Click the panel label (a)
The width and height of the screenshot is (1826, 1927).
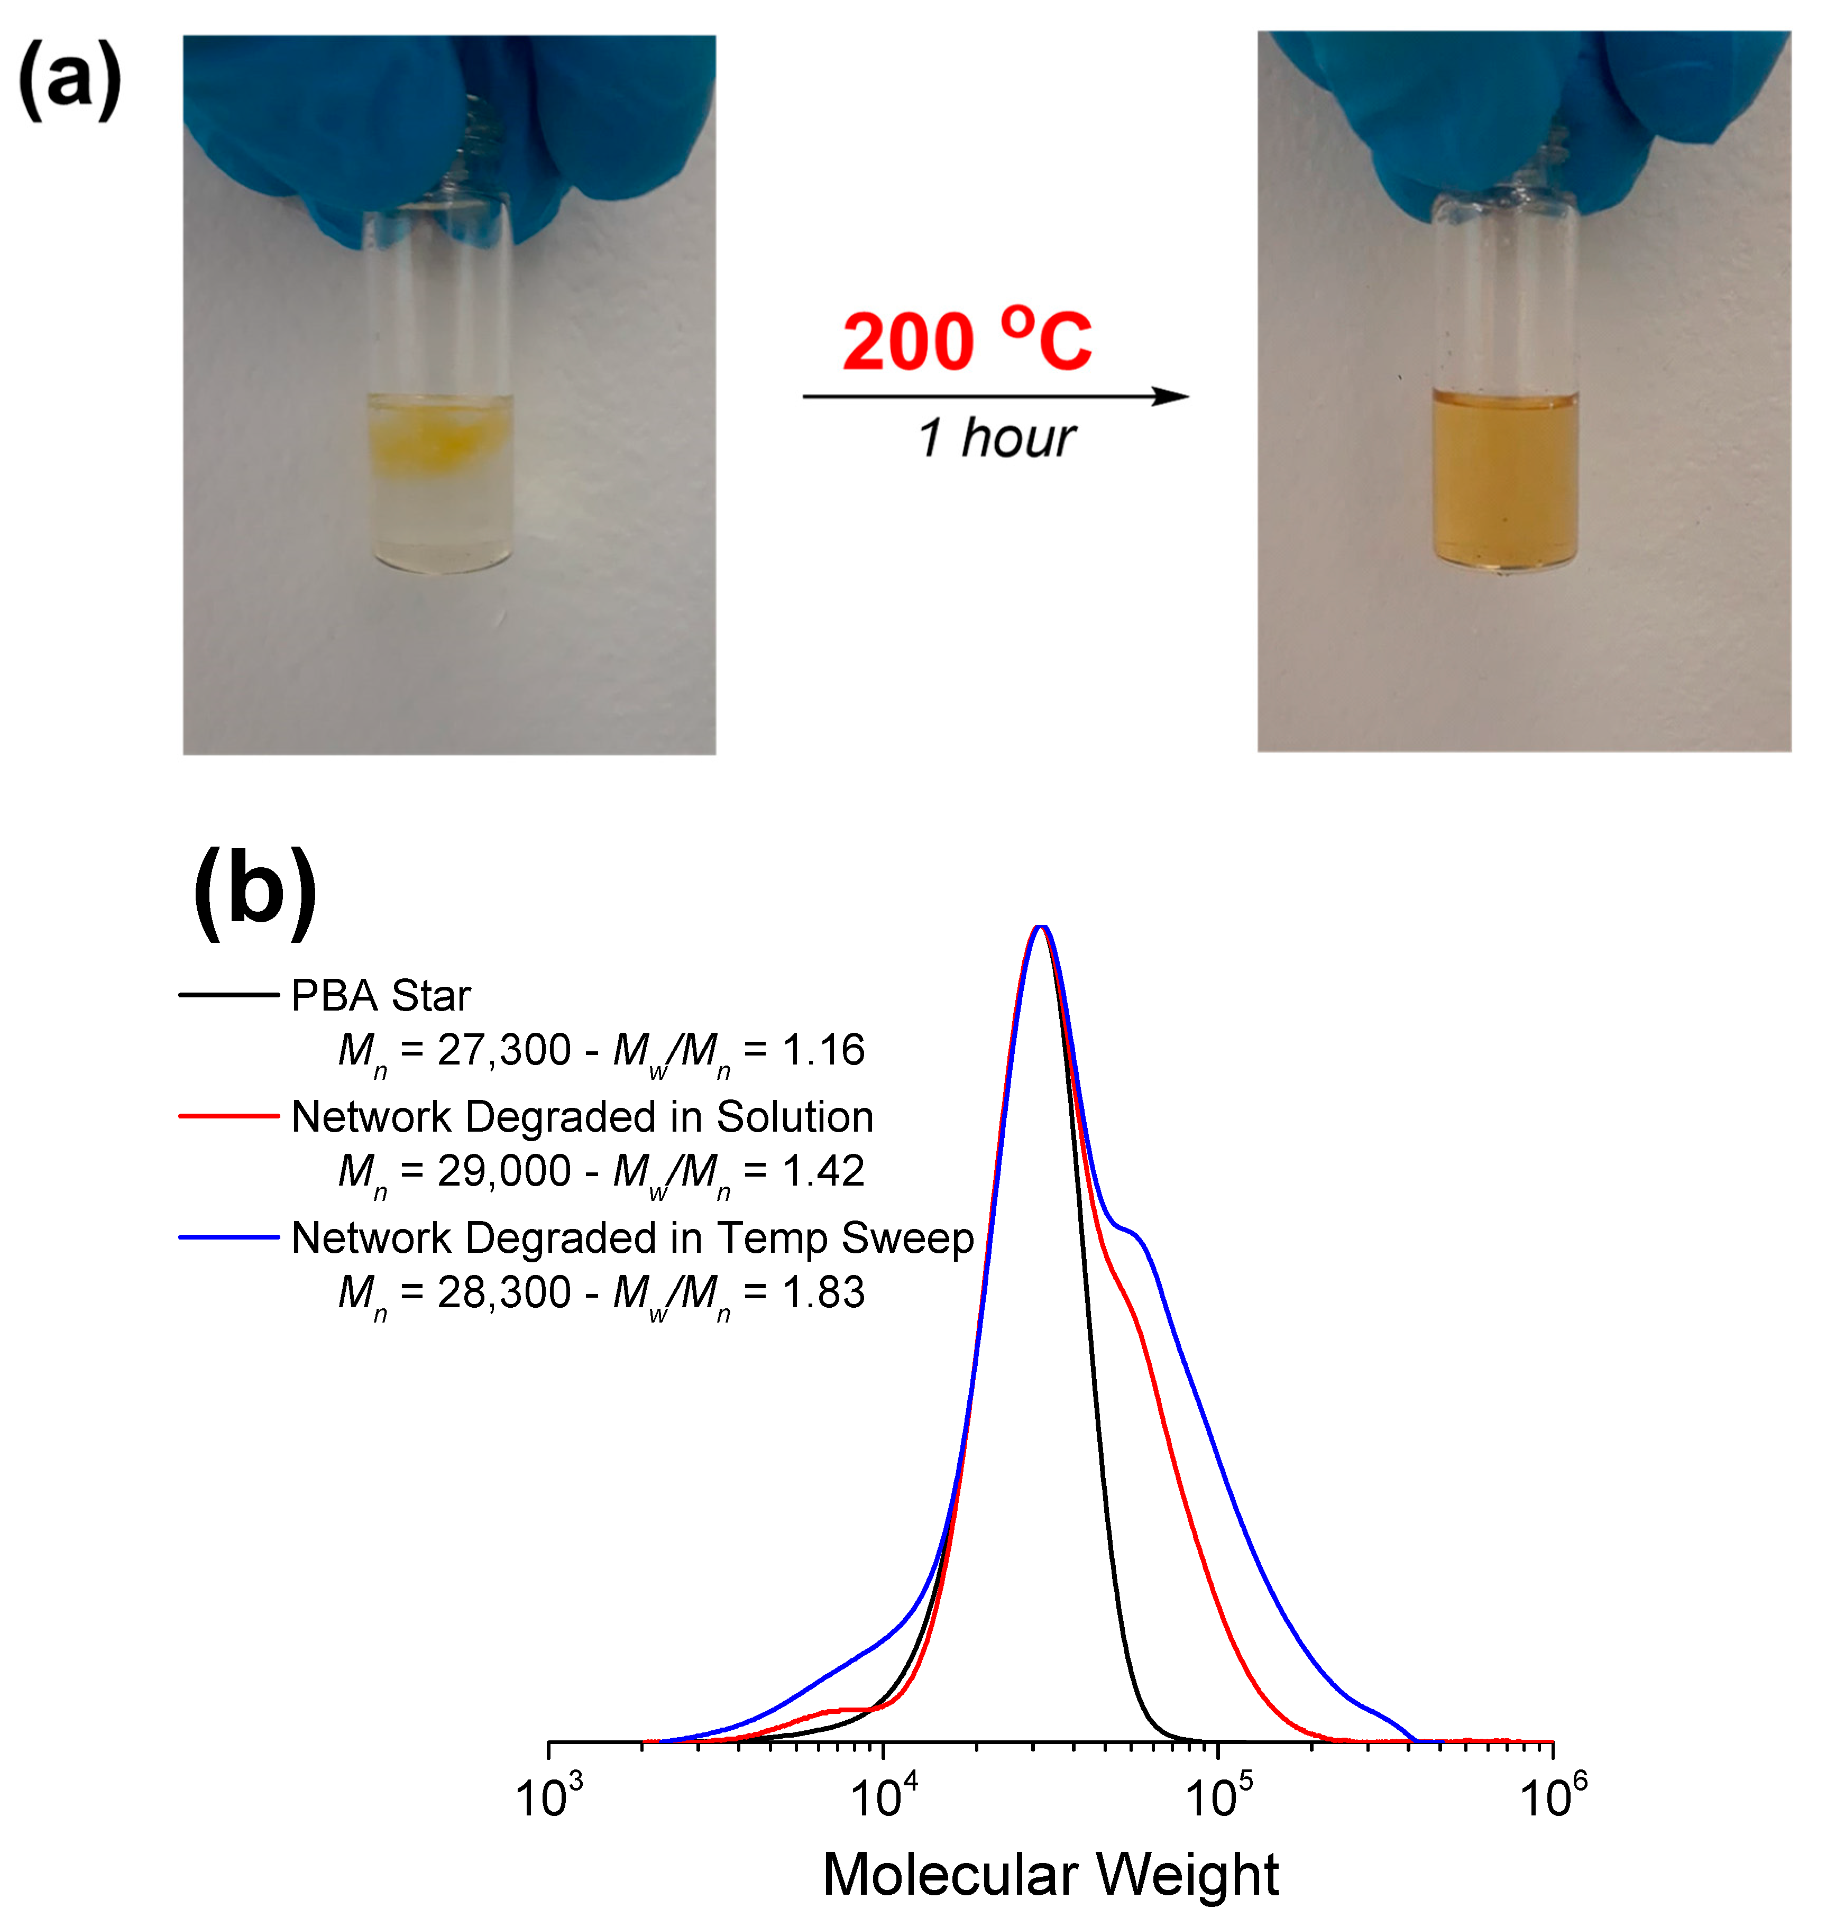[70, 80]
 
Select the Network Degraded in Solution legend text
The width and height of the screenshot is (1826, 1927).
[582, 1116]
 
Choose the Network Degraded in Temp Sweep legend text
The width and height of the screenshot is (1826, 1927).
[632, 1238]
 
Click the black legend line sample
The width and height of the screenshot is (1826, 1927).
[229, 995]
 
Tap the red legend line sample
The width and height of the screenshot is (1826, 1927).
[229, 1116]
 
